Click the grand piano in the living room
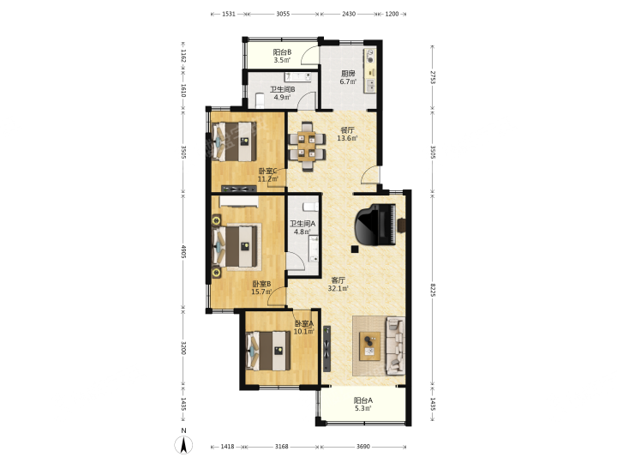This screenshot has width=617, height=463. point(375,225)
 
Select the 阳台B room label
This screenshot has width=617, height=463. point(282,52)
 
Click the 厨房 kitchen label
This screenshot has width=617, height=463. point(348,73)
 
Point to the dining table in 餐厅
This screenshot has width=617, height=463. point(307,147)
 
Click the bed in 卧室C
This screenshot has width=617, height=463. point(235,141)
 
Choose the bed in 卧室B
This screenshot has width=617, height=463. point(237,247)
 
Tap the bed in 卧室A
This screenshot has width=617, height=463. point(268,351)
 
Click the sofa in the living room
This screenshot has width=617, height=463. point(395,346)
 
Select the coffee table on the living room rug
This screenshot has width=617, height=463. point(369,346)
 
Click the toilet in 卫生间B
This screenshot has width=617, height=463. point(261,100)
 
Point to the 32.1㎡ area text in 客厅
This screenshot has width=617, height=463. point(338,289)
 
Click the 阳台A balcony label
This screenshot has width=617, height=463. point(362,400)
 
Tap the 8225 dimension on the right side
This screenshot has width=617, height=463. point(433,290)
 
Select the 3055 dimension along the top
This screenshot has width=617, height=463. point(283,14)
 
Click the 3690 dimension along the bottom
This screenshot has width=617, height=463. point(362,447)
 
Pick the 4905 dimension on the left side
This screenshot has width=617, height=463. point(183,251)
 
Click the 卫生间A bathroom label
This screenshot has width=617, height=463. point(303,224)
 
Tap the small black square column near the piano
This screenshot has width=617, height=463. point(355,249)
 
